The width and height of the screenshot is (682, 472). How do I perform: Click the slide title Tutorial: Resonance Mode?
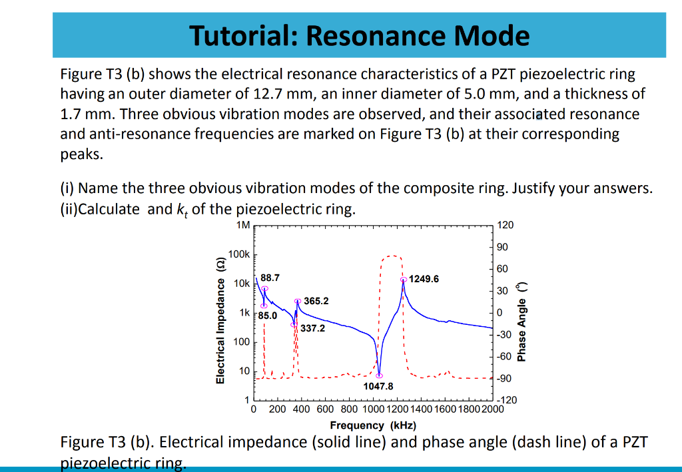pos(360,35)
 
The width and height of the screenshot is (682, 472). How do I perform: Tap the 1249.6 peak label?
pos(424,278)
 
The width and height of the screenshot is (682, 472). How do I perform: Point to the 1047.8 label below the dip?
pos(378,386)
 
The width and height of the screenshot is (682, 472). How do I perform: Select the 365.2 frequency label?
pos(316,301)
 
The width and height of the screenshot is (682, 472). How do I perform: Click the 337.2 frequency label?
pos(312,328)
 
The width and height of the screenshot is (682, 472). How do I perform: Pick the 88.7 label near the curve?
pos(270,276)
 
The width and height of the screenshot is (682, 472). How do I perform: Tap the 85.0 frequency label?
pos(268,315)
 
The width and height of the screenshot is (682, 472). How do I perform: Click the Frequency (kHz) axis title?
pos(373,425)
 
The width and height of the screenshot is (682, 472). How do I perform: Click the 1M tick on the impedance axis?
pos(243,225)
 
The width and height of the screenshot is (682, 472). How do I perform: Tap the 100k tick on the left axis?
pos(238,254)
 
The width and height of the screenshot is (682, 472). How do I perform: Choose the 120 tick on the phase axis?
pos(506,225)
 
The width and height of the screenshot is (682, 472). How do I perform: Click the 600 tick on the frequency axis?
pos(325,409)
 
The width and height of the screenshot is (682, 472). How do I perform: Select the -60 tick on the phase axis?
pos(504,356)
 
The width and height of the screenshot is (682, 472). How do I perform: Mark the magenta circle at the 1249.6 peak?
pos(404,280)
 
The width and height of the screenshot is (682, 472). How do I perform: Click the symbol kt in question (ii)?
pos(182,210)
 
